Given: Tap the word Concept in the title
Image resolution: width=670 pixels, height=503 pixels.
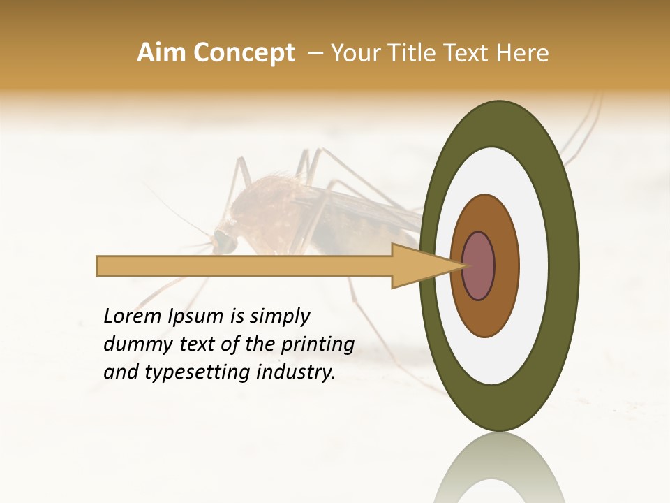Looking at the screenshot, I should [x=244, y=53].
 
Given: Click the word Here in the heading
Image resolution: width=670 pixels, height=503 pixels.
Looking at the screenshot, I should [x=523, y=53].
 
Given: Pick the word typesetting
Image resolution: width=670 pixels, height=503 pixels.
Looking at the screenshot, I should [x=197, y=372].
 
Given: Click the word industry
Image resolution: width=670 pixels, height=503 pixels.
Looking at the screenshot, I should [x=296, y=372].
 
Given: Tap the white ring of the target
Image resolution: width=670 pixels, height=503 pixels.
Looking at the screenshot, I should [x=533, y=266].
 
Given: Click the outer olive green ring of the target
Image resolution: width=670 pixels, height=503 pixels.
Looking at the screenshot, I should [x=565, y=266].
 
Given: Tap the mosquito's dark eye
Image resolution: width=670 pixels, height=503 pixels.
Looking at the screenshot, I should [x=224, y=241].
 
